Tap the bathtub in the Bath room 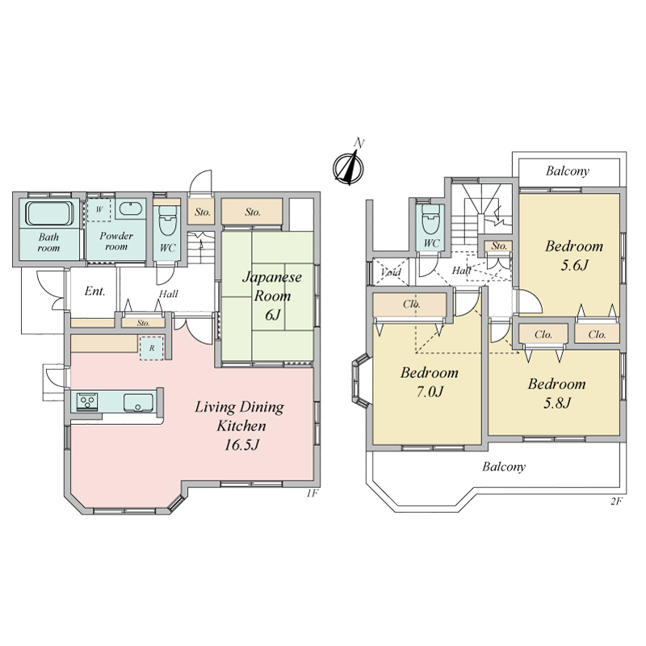tap(49, 212)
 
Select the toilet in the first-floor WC tap(167, 220)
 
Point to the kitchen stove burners tap(87, 401)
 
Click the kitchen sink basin tap(138, 402)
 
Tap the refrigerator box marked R tap(152, 348)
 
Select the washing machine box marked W tap(99, 210)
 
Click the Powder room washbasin tap(131, 208)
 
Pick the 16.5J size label tap(241, 445)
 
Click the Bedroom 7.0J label tap(430, 381)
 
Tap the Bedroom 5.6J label tap(574, 255)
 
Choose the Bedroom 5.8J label tap(556, 393)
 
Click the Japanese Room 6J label tap(272, 296)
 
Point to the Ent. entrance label tap(94, 292)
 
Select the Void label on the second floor tap(390, 272)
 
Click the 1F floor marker tap(313, 493)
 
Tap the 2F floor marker tap(616, 501)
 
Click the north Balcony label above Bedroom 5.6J tap(568, 171)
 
